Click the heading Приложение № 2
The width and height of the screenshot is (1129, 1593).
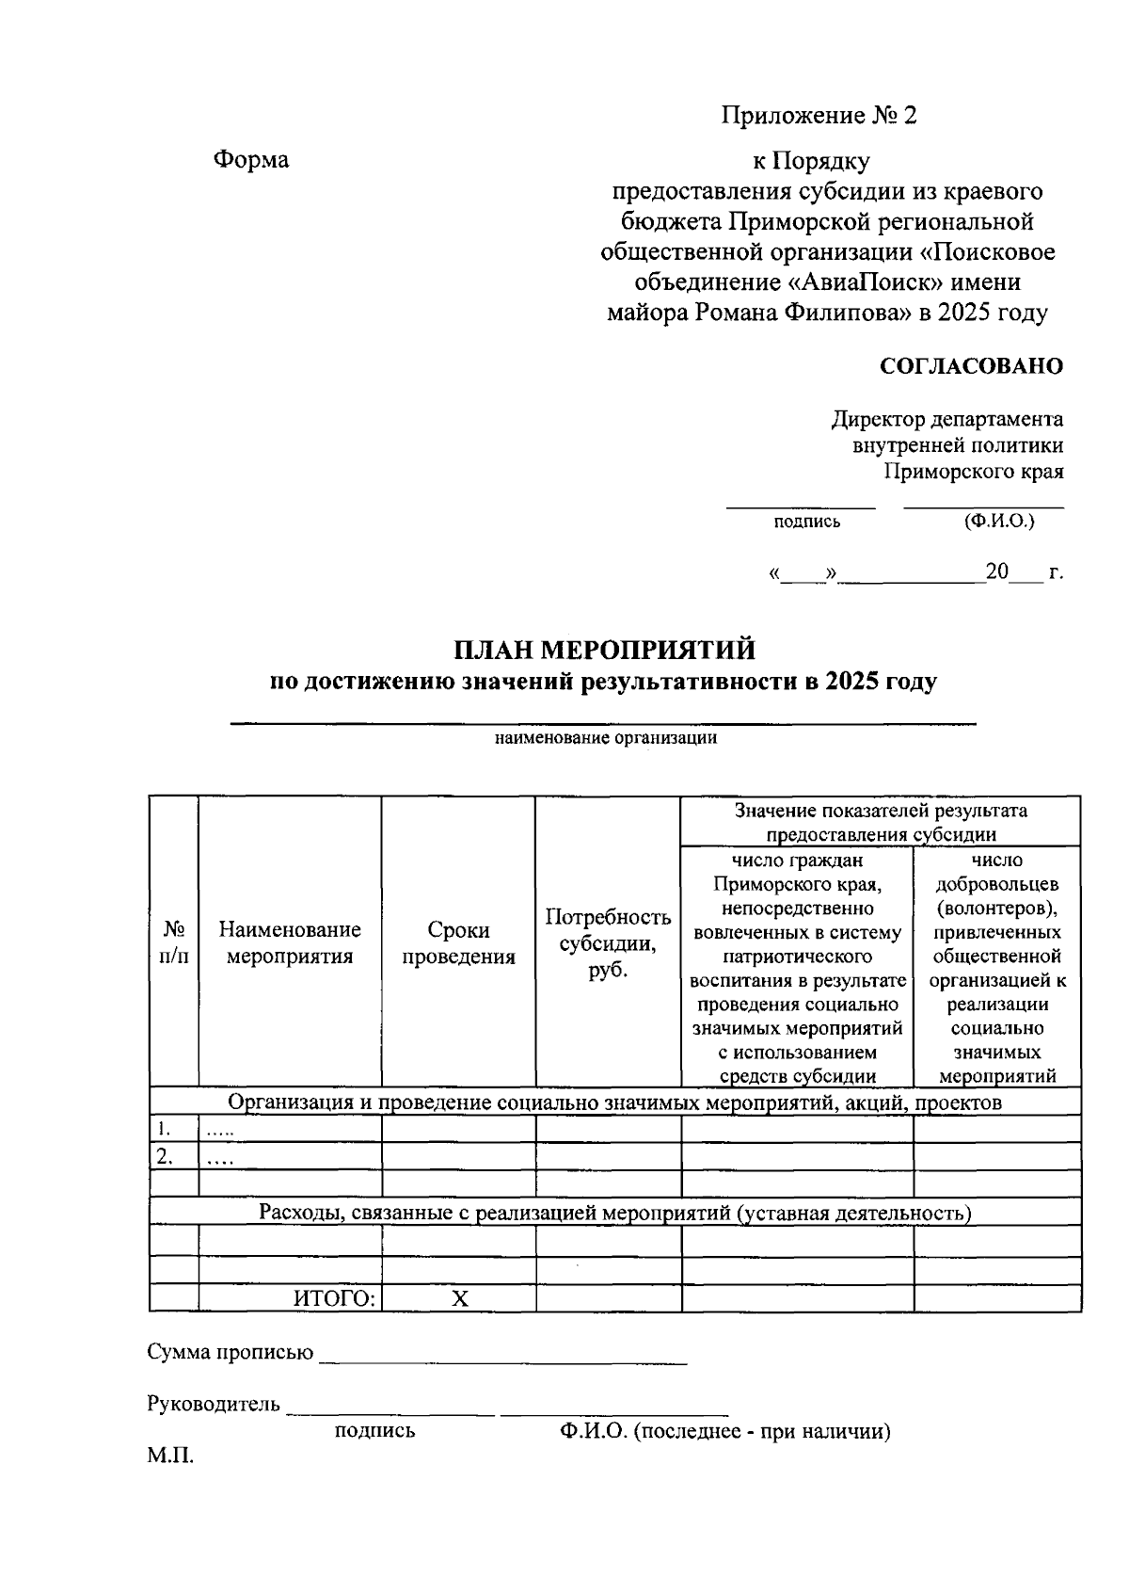click(819, 116)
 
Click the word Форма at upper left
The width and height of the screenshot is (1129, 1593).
click(251, 160)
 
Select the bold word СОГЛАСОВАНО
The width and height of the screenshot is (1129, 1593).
click(971, 366)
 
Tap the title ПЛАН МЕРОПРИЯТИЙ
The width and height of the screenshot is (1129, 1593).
click(604, 651)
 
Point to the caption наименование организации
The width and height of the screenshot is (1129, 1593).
click(606, 738)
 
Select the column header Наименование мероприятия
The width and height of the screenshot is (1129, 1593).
click(290, 942)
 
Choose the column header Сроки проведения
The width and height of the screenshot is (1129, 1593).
click(458, 942)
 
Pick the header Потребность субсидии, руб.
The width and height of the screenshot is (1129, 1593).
click(608, 942)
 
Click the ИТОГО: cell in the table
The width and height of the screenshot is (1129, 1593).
click(335, 1299)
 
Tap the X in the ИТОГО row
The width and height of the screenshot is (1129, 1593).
click(459, 1299)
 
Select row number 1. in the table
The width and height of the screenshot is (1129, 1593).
click(165, 1129)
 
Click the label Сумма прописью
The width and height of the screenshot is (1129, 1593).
click(231, 1353)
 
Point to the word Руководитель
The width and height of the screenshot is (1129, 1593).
click(214, 1405)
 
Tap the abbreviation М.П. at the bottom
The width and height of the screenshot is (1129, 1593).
click(170, 1456)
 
